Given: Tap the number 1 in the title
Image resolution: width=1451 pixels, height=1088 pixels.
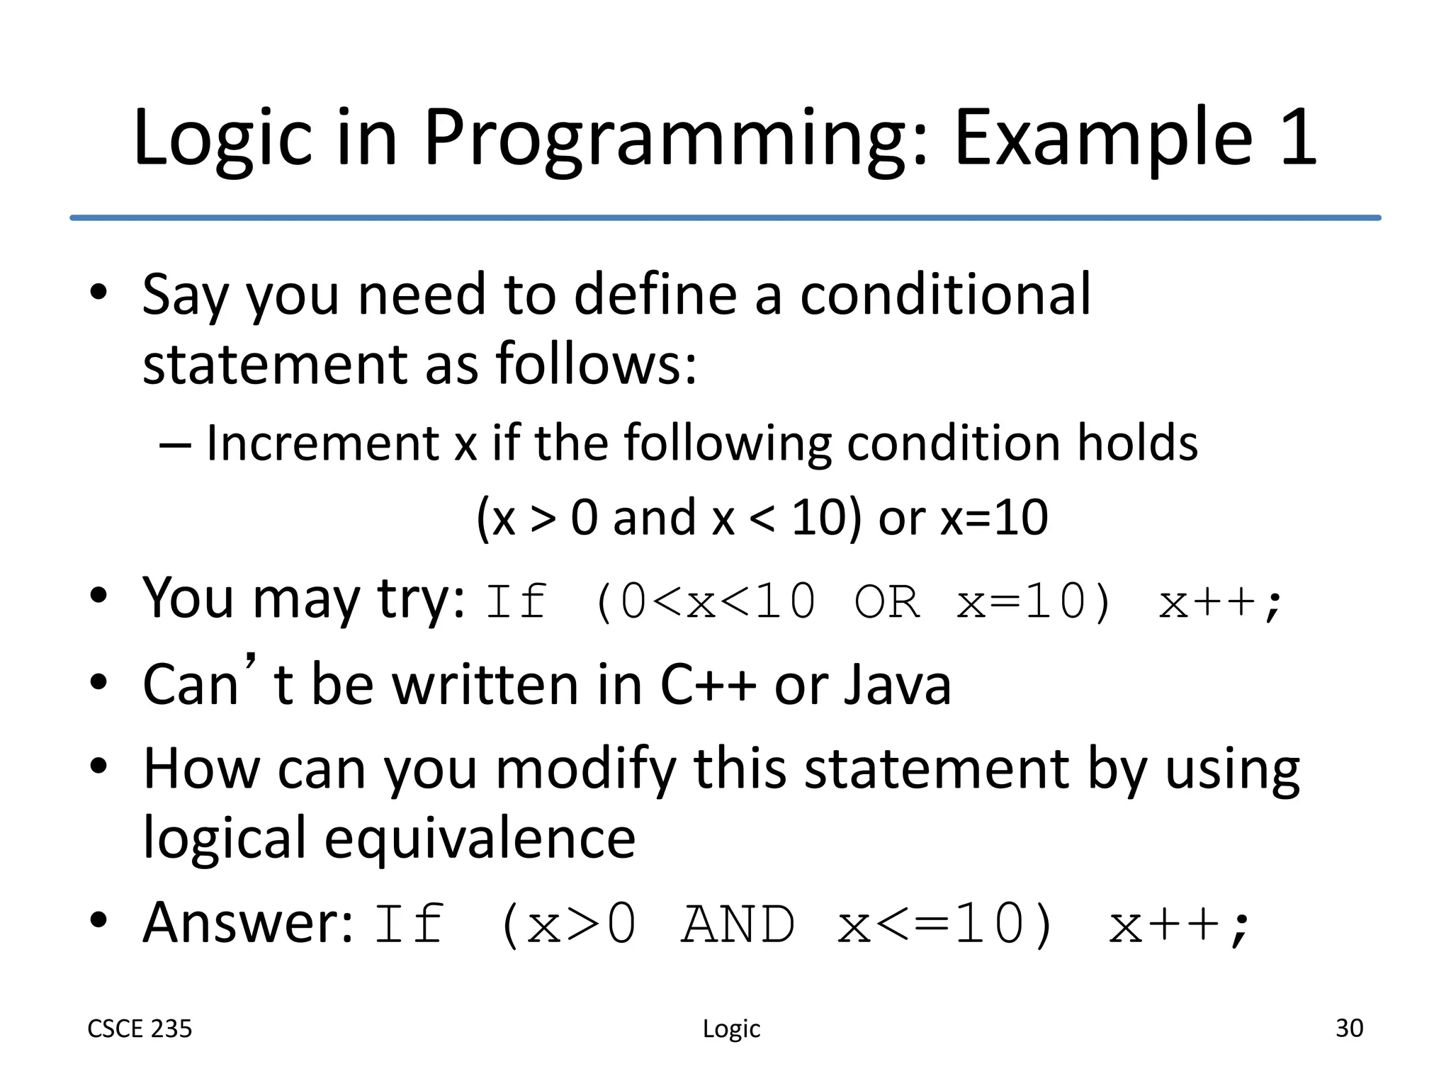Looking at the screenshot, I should point(1298,138).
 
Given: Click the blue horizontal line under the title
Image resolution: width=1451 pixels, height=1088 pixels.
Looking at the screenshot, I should point(725,217).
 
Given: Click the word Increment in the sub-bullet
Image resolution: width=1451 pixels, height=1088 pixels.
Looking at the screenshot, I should point(322,443).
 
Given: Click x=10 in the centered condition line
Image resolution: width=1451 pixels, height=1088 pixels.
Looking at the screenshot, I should point(994,518).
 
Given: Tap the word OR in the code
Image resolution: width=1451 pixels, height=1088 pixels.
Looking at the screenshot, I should point(887,603).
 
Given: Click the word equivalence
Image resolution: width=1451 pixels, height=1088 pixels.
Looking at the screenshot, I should point(480,839).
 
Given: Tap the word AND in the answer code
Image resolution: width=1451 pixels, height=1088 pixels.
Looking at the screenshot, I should point(738,925).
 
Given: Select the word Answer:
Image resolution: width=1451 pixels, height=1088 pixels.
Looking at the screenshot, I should point(247,924).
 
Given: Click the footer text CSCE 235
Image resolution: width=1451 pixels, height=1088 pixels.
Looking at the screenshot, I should point(140,1029).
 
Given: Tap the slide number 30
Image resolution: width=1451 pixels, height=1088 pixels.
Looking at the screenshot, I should point(1349,1028).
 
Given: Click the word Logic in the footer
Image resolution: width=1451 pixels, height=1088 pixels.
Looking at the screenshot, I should point(731,1029).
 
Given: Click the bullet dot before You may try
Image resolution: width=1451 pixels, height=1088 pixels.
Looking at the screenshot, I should point(98,596).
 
